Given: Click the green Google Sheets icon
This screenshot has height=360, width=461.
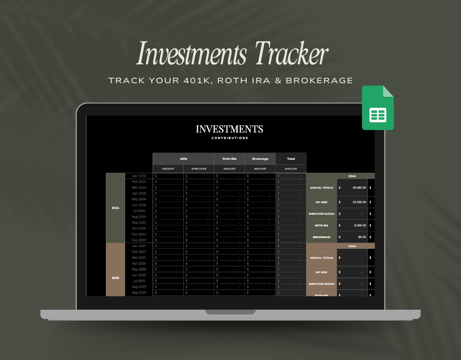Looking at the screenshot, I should [378, 108].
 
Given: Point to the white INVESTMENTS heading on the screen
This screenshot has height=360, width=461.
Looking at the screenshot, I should [230, 129].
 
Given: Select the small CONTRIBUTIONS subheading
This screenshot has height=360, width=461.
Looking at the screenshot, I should [230, 138].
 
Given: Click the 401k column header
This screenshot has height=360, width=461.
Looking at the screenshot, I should [183, 159].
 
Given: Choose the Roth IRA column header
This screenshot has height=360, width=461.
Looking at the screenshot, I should [230, 159].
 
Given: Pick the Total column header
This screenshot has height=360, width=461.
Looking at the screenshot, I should [291, 159].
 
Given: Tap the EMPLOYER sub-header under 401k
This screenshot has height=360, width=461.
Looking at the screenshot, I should [199, 169].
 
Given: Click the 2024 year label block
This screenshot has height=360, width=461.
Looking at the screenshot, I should [115, 208].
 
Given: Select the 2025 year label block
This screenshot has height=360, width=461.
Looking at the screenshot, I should [115, 278].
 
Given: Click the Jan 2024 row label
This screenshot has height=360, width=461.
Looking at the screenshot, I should [139, 176].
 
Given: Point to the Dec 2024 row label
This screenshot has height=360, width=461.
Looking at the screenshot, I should [139, 240].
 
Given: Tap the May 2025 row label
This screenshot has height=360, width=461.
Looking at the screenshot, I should [139, 269].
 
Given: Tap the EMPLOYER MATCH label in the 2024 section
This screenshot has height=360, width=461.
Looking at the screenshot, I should [321, 214].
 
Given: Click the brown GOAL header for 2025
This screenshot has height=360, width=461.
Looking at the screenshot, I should [352, 246].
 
